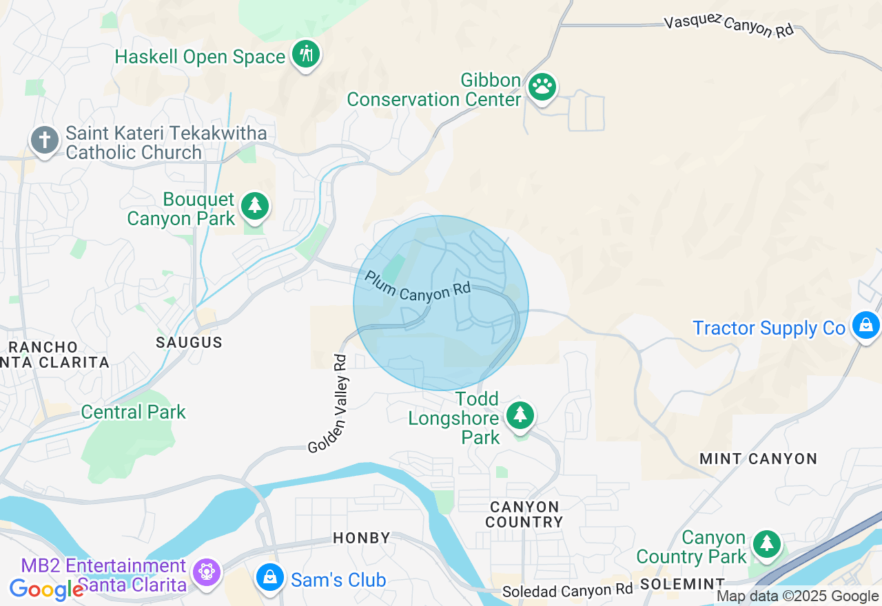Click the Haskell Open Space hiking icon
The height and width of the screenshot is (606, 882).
tap(306, 54)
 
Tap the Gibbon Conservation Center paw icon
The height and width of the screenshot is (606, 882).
tap(542, 87)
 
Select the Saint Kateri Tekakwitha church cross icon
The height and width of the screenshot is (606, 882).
tap(45, 140)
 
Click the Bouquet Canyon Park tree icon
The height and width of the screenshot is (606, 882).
tap(255, 205)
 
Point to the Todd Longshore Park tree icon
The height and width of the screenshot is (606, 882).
tap(520, 415)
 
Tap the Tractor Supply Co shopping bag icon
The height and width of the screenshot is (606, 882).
tap(865, 324)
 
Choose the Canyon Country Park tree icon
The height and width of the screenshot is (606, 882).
tap(766, 544)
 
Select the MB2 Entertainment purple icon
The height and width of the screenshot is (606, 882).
tap(206, 572)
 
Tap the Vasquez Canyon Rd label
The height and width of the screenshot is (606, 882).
tap(729, 27)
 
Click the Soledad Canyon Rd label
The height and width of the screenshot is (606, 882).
tap(567, 591)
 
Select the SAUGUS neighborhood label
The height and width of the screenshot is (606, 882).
tap(189, 342)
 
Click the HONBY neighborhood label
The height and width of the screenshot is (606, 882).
tap(362, 538)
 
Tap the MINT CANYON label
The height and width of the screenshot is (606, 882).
tap(758, 459)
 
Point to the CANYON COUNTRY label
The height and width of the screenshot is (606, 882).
tap(524, 514)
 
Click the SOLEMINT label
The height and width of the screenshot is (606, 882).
tap(682, 584)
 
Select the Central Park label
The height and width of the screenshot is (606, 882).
tap(134, 412)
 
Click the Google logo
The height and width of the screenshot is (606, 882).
tap(46, 589)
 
